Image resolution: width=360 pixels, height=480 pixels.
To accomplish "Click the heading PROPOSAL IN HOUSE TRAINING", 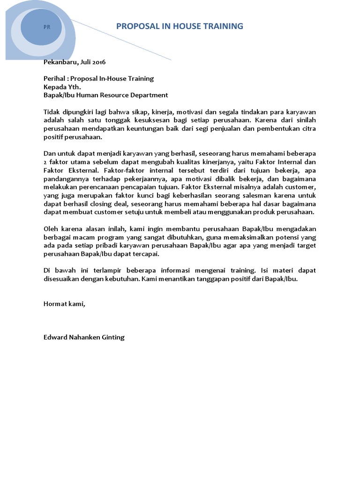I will click(x=180, y=26).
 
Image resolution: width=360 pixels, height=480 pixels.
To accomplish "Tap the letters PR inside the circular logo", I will click(x=47, y=27).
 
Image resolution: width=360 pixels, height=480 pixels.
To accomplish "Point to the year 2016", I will click(x=99, y=62).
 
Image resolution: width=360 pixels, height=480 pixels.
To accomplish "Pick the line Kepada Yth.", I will click(x=62, y=87).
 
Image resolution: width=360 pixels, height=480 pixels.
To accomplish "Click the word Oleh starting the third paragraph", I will click(x=51, y=229).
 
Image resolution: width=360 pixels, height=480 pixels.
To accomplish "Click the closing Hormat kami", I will click(x=64, y=304).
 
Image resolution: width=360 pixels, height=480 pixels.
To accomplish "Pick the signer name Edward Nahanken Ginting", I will click(x=84, y=337).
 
